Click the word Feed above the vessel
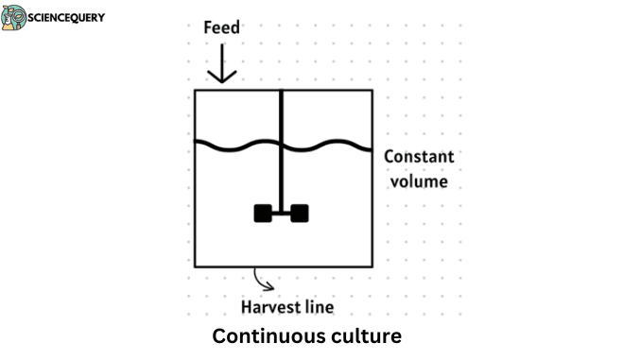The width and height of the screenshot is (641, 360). tap(222, 27)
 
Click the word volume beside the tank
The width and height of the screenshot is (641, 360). tap(416, 180)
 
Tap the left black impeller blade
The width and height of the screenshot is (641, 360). tap(263, 214)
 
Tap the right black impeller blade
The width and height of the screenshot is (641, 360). tap(300, 214)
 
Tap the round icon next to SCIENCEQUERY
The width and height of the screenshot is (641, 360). tap(14, 18)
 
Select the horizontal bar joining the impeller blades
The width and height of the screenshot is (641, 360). tap(282, 214)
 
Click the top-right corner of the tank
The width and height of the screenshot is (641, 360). tap(372, 91)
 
